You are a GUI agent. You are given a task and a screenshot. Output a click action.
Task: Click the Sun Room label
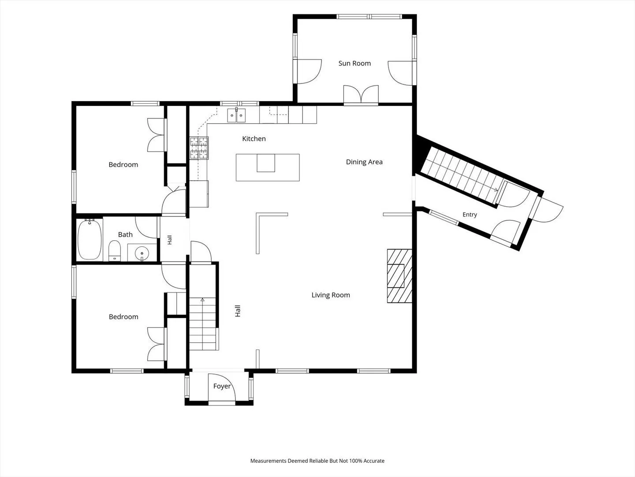pyautogui.click(x=355, y=64)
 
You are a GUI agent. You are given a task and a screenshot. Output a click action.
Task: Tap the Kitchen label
pyautogui.click(x=254, y=139)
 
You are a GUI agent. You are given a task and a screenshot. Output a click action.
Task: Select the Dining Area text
pyautogui.click(x=364, y=162)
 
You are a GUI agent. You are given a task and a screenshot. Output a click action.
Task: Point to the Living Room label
pyautogui.click(x=331, y=295)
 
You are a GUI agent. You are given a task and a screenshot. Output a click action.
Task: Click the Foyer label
pyautogui.click(x=222, y=386)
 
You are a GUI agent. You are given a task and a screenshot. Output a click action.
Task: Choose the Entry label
pyautogui.click(x=470, y=215)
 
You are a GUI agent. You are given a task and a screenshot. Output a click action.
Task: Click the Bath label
pyautogui.click(x=125, y=235)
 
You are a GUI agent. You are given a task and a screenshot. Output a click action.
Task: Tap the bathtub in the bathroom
pyautogui.click(x=90, y=239)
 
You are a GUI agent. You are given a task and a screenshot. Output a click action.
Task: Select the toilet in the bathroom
pyautogui.click(x=115, y=251)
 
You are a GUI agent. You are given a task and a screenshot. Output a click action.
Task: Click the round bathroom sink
pyautogui.click(x=142, y=254)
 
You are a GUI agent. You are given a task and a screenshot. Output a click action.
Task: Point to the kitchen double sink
pyautogui.click(x=236, y=115)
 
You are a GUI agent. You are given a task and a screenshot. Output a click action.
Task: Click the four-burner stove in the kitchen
pyautogui.click(x=199, y=148)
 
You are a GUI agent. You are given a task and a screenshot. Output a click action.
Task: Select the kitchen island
pyautogui.click(x=268, y=168)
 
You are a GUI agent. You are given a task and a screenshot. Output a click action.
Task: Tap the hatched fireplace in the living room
pyautogui.click(x=400, y=276)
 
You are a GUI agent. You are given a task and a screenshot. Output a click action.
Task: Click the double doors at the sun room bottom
pyautogui.click(x=361, y=95)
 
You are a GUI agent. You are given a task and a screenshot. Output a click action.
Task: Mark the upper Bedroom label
pyautogui.click(x=123, y=165)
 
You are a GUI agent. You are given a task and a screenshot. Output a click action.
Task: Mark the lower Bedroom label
pyautogui.click(x=123, y=317)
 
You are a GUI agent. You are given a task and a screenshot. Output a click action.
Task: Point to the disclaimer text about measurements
pyautogui.click(x=317, y=461)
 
